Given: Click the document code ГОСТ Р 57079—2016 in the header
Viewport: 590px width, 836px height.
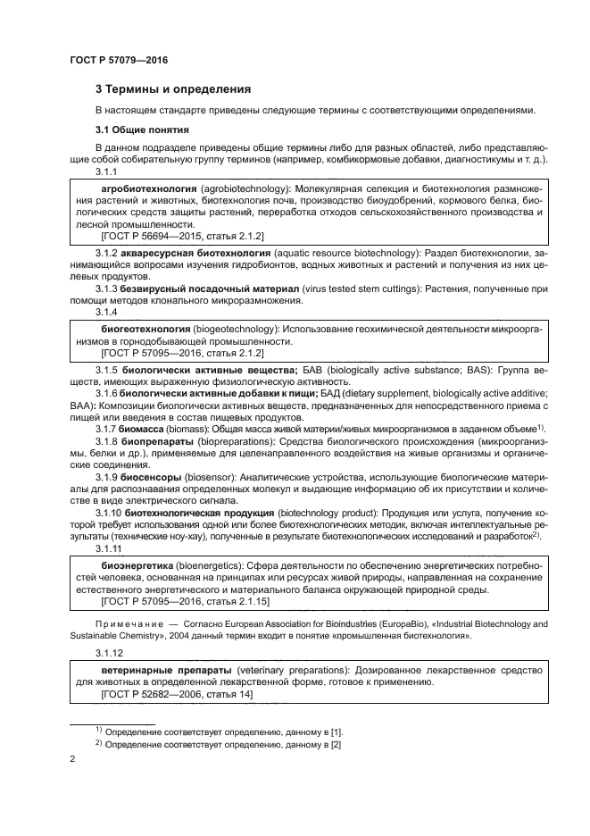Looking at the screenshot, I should (118, 60).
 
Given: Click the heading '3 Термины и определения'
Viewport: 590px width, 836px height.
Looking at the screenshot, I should (173, 89).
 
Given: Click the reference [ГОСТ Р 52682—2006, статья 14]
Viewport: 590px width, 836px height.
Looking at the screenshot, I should (165, 694).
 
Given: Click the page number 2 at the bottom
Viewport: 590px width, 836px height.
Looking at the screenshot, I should (73, 759).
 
